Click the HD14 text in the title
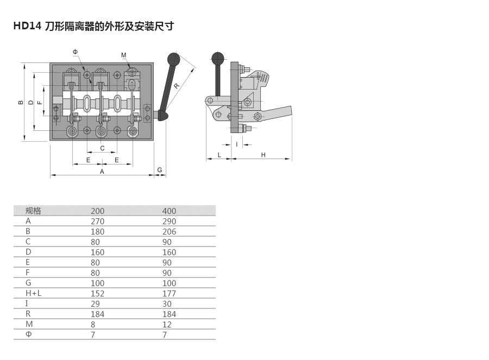tap(27, 26)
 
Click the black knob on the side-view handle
tap(218, 58)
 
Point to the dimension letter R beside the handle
tap(177, 86)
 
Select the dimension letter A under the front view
tap(102, 172)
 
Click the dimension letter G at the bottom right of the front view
tap(160, 170)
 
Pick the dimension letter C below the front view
tap(102, 148)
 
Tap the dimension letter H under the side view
tap(263, 155)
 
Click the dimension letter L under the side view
tap(220, 155)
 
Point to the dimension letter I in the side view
tap(237, 144)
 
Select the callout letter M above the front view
tap(124, 55)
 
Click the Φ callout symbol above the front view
tap(75, 52)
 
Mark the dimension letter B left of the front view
tap(21, 102)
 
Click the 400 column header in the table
tap(169, 211)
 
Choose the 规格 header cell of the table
tap(33, 211)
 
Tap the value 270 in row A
tap(98, 222)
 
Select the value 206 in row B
tap(169, 232)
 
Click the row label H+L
tap(33, 293)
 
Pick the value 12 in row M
tap(167, 325)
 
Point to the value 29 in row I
tap(95, 304)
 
